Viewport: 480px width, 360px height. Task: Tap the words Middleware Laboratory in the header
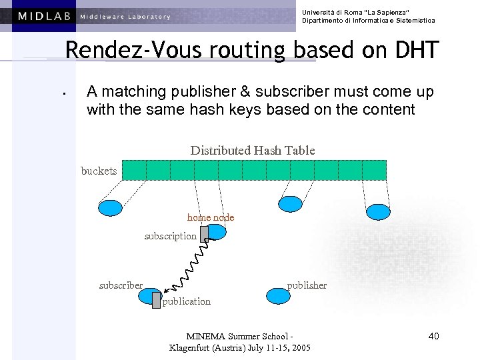click(125, 17)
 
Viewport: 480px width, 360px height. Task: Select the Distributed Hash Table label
click(253, 150)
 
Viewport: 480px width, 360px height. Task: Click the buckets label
click(99, 171)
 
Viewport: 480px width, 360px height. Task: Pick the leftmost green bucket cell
click(134, 170)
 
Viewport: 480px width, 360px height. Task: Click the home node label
click(211, 217)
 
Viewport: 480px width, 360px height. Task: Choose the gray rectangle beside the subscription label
click(204, 233)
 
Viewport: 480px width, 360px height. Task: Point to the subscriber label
click(121, 285)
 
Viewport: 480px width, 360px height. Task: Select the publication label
click(186, 301)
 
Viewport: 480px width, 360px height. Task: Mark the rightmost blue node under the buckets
click(378, 211)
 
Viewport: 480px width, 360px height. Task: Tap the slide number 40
click(433, 336)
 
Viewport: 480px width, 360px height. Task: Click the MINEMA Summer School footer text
click(240, 336)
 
